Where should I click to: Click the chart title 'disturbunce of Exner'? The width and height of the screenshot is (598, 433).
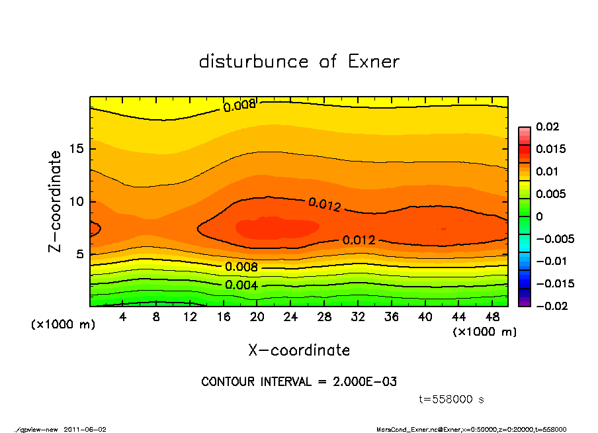[299, 62]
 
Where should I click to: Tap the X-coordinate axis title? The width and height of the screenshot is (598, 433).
[299, 350]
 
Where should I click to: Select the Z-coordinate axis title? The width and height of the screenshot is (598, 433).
[56, 201]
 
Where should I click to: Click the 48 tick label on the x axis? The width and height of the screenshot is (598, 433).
[492, 317]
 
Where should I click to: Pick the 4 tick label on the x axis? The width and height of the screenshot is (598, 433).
[123, 317]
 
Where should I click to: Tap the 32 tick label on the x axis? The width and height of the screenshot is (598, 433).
[358, 317]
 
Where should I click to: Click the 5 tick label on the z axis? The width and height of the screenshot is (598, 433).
[80, 254]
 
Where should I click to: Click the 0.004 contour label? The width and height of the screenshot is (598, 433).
[241, 285]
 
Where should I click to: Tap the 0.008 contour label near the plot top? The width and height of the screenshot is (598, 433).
[239, 105]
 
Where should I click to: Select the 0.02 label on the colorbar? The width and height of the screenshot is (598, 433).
[548, 126]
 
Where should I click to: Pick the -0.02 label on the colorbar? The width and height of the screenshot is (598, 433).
[550, 306]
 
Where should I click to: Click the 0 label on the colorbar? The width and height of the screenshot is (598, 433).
[539, 216]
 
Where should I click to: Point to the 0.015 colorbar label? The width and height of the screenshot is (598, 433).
[550, 149]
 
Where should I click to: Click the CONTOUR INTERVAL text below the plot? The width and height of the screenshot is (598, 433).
[299, 382]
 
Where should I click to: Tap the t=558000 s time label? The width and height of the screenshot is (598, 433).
[452, 399]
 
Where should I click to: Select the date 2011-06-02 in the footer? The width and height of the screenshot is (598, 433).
[85, 430]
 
